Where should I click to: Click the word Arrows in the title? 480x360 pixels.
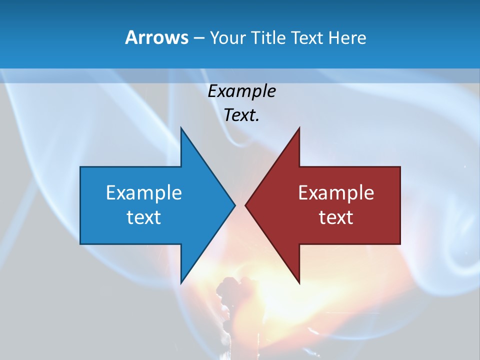coord(156,37)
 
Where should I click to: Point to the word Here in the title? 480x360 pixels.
coord(347,37)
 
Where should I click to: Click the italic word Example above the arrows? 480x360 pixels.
coord(242,91)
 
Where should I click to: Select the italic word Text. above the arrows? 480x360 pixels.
coord(242,115)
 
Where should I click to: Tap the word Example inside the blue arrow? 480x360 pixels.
coord(144,192)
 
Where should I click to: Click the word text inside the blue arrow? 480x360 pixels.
coord(144,217)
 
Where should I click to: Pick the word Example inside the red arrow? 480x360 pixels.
coord(336,192)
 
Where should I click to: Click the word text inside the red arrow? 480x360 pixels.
coord(336,217)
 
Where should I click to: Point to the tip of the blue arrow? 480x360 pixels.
coord(234,205)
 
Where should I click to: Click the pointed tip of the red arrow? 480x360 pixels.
coord(246,205)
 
